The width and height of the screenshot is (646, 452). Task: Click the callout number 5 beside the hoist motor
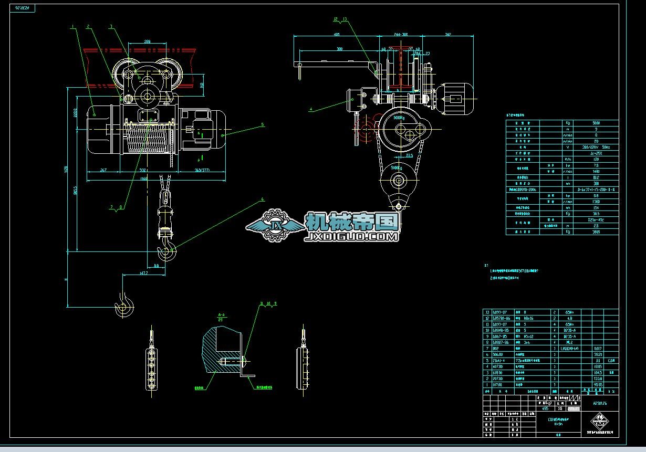click(262, 125)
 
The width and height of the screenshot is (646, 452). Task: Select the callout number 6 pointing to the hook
click(262, 200)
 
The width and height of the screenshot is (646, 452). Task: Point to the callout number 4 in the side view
click(310, 110)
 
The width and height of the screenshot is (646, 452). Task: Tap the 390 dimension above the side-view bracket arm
click(340, 49)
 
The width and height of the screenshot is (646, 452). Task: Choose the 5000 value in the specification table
click(596, 123)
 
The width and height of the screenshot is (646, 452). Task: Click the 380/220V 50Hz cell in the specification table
click(596, 147)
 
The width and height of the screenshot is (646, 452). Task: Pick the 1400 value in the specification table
click(596, 171)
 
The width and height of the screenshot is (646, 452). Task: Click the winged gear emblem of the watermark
click(274, 226)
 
